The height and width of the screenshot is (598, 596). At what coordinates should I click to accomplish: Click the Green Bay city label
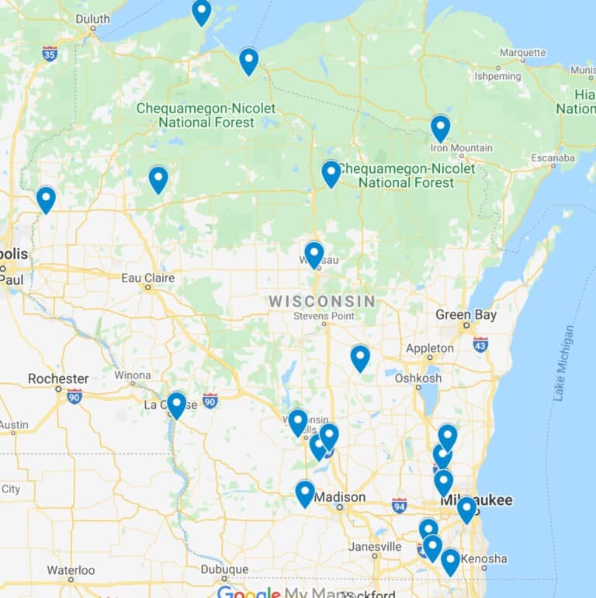pyautogui.click(x=464, y=315)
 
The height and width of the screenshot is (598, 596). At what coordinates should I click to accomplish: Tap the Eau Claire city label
pyautogui.click(x=147, y=278)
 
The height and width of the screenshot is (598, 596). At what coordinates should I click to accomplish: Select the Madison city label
pyautogui.click(x=340, y=497)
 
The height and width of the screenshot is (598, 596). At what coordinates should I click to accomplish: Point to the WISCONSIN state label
pyautogui.click(x=322, y=301)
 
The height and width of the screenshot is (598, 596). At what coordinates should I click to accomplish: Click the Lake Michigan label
pyautogui.click(x=564, y=362)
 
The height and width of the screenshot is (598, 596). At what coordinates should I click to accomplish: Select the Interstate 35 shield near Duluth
pyautogui.click(x=50, y=54)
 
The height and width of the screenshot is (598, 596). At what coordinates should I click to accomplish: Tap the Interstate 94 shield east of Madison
pyautogui.click(x=399, y=504)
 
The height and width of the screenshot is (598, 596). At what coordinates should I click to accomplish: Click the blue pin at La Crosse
pyautogui.click(x=176, y=404)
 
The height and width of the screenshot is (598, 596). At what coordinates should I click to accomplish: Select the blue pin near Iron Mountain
pyautogui.click(x=440, y=127)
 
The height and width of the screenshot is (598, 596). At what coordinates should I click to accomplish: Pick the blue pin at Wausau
pyautogui.click(x=314, y=254)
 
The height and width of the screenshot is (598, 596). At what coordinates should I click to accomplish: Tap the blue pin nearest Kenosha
pyautogui.click(x=450, y=561)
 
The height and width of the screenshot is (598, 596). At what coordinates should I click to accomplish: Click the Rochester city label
pyautogui.click(x=58, y=379)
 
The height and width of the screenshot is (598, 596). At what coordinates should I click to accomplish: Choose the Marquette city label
pyautogui.click(x=522, y=53)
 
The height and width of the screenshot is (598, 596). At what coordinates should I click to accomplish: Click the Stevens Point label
pyautogui.click(x=324, y=316)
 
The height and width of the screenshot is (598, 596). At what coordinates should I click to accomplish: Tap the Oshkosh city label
pyautogui.click(x=418, y=379)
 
